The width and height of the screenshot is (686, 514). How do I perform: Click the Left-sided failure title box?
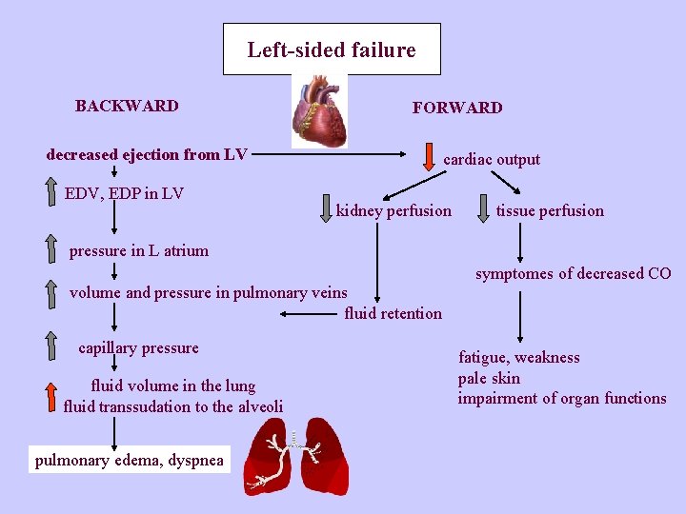(332, 49)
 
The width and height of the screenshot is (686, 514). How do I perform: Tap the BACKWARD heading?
(127, 106)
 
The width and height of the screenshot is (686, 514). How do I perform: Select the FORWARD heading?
(456, 108)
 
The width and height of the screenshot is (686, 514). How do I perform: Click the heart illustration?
(320, 111)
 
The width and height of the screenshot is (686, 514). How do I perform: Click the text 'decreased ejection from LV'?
(147, 154)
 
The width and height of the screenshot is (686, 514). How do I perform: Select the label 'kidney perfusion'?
(393, 210)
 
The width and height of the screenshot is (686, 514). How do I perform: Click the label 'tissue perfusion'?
(549, 210)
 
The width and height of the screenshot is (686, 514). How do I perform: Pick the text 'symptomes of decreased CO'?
(573, 274)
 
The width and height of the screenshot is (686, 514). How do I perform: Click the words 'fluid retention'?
(393, 313)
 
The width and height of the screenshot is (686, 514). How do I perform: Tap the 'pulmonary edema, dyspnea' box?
(130, 461)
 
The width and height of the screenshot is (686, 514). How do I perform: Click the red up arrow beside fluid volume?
(52, 394)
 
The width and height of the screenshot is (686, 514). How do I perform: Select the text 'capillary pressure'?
(138, 348)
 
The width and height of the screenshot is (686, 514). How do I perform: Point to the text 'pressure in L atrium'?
(138, 251)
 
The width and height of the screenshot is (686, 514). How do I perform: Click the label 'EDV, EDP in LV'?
(124, 194)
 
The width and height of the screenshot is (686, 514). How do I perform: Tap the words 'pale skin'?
(489, 378)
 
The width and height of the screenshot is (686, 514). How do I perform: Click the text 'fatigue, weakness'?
(518, 358)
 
